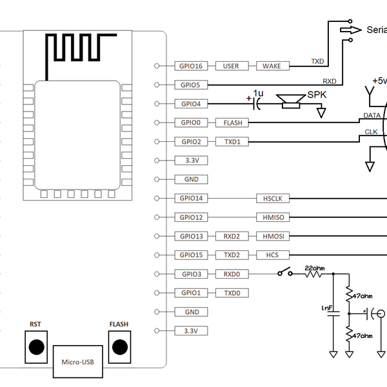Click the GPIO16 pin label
coord(191,66)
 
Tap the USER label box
coord(231,66)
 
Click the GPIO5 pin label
coord(191,84)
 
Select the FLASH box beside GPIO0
coord(232,123)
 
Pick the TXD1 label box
coord(232,141)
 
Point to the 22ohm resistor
coord(314,273)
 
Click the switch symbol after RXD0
coord(284,273)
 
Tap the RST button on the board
coord(37,346)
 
